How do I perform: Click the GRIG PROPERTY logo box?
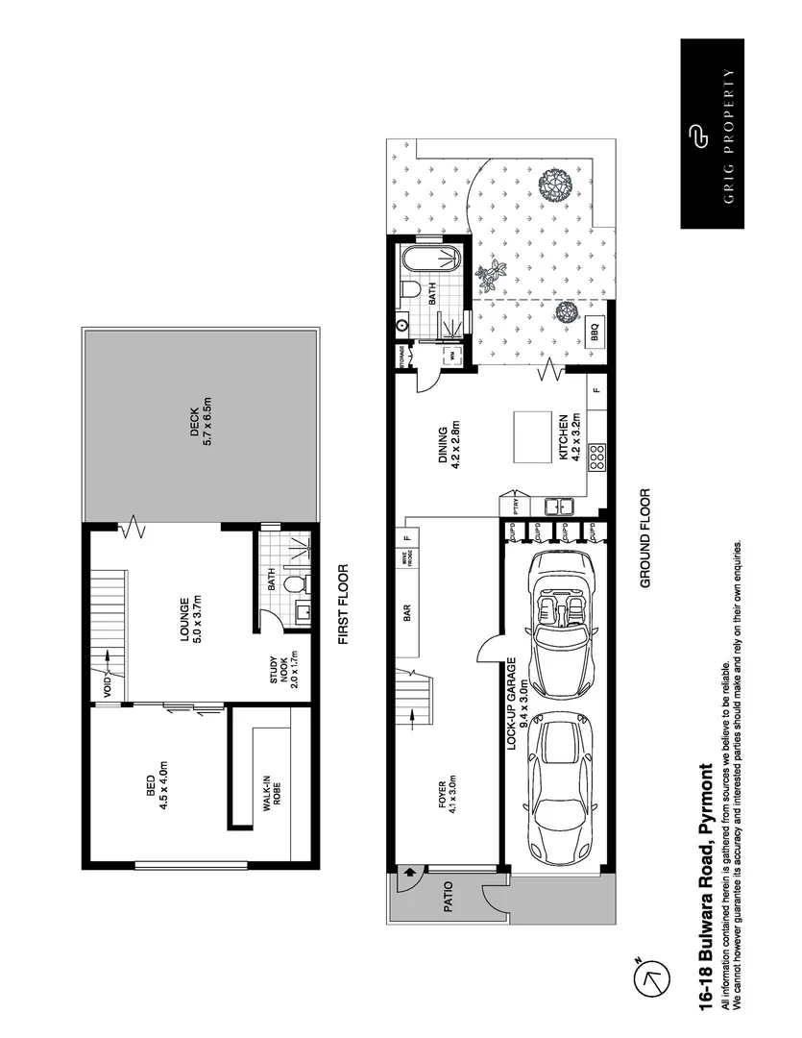click(x=713, y=134)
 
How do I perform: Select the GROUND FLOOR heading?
click(x=645, y=538)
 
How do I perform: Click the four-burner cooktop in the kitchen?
click(x=596, y=455)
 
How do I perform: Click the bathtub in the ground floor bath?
click(x=431, y=260)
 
